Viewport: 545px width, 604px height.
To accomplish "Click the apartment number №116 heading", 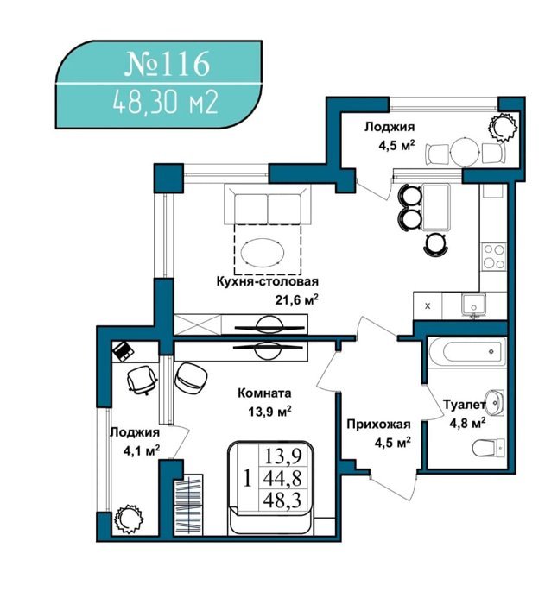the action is coord(168,65).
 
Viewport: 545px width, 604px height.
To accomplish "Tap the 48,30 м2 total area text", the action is coord(166,103).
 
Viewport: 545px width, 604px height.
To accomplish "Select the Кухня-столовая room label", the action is coord(268,281).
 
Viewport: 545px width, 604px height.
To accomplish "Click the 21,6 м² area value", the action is coord(296,299).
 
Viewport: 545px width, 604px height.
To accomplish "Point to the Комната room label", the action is coord(264,393).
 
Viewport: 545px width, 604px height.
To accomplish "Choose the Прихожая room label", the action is coord(378,425).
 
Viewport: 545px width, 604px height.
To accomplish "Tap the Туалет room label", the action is coord(464,405).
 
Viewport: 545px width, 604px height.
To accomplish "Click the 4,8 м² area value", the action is coord(467,424).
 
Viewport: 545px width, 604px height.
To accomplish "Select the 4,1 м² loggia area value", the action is coord(142,450).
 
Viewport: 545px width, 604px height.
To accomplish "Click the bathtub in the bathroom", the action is coord(466,352).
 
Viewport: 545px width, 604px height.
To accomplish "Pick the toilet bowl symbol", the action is coord(489,448).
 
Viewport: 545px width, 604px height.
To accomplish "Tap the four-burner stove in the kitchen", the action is coord(494,255).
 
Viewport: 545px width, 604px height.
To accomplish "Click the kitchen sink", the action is coord(473,304).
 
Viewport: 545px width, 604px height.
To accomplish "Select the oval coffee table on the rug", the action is coord(263,252).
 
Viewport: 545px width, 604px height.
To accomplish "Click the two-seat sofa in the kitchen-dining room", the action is coord(268,204).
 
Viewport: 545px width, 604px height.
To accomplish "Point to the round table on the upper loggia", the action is coord(466,152).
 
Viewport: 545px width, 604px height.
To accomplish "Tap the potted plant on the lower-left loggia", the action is coord(129,519).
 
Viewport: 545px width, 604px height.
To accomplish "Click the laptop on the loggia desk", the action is coord(123,351).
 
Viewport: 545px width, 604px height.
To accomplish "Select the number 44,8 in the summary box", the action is coord(282,479).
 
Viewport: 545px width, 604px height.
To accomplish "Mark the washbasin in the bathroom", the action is coord(495,403).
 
